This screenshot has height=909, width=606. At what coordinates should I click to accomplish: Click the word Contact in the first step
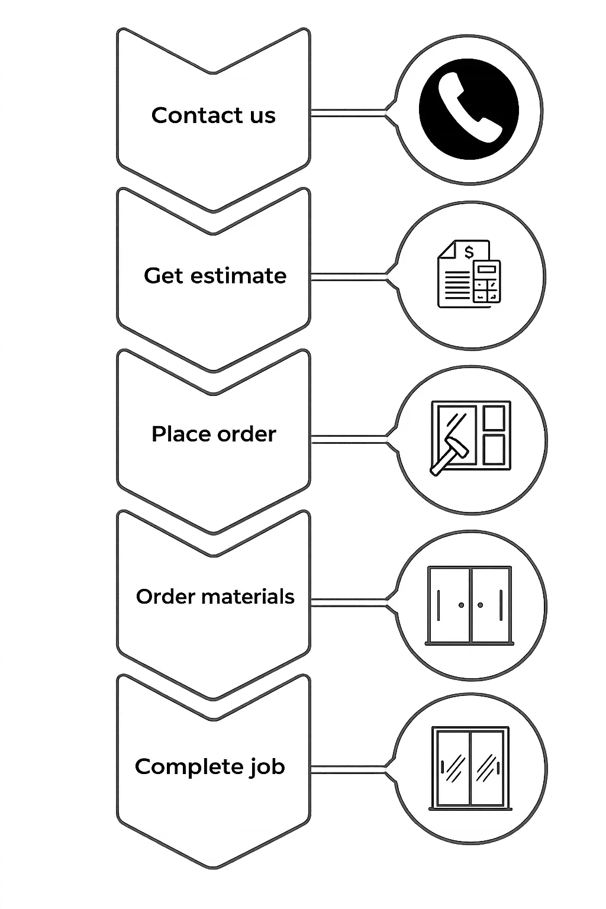point(190,115)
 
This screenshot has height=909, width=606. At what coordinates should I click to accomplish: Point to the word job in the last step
point(267,767)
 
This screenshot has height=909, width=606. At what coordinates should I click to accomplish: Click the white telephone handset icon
point(469,108)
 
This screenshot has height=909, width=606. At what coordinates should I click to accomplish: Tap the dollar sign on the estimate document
point(469,253)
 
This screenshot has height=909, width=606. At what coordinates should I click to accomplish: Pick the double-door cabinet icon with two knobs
point(469,605)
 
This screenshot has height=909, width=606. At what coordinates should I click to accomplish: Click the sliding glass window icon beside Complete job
point(470,768)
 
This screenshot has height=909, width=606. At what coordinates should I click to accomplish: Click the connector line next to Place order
point(349,437)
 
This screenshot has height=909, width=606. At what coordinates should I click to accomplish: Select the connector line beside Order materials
point(349,602)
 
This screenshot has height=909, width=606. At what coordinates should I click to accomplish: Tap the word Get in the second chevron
point(163,276)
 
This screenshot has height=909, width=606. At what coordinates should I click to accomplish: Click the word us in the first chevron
point(262,116)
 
